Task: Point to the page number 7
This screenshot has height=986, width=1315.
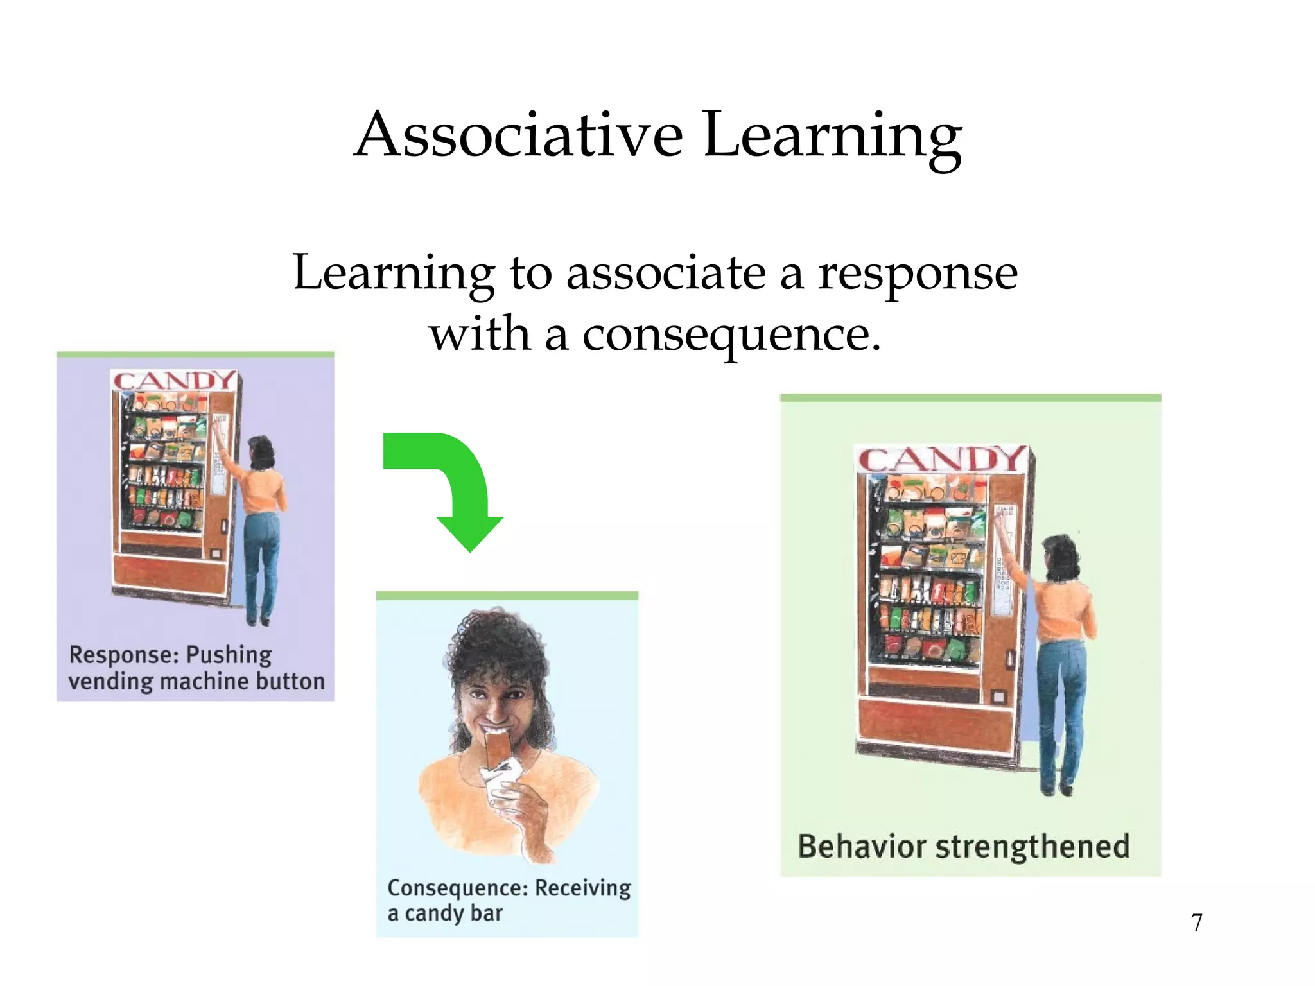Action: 1196,922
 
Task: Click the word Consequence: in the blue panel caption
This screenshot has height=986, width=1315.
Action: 458,888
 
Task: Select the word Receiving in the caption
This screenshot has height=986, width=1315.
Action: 582,888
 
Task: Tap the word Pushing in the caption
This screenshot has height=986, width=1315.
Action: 229,655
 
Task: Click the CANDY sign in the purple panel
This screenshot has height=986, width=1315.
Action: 174,381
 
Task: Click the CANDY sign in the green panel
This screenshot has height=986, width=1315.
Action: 941,460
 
